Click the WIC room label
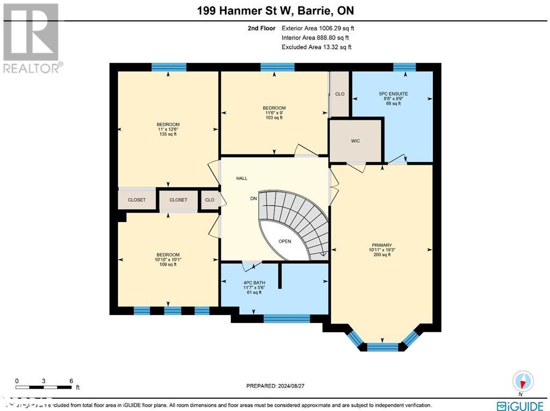[x=355, y=141]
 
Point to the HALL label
[x=242, y=178]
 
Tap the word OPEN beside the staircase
[x=285, y=241]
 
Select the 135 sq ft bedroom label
[x=168, y=129]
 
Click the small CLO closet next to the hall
[x=209, y=200]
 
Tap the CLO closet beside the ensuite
[x=339, y=94]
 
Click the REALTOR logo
[x=32, y=38]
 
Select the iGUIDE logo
[x=519, y=405]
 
